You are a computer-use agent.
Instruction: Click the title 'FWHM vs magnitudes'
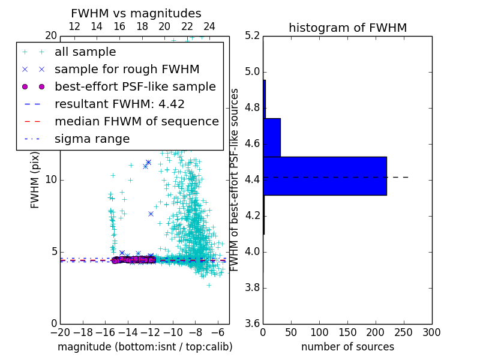tap(136, 13)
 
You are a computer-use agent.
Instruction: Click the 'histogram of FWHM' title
tap(347, 28)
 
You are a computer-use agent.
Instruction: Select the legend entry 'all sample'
tap(85, 52)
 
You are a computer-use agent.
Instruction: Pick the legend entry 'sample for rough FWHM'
tap(127, 70)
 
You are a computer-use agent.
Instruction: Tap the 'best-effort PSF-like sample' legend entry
tap(135, 87)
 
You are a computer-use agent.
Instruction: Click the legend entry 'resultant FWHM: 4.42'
tap(119, 104)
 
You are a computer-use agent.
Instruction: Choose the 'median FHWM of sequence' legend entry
tap(136, 122)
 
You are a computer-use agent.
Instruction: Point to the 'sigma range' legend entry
tap(92, 139)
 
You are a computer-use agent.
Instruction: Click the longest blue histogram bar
tap(325, 176)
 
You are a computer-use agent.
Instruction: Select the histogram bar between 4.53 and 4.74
tap(272, 137)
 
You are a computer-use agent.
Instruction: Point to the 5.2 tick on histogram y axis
tap(252, 36)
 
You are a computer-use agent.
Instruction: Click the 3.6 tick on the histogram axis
tap(252, 323)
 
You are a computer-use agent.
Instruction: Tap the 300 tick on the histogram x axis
tap(431, 332)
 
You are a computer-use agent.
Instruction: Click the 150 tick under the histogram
tap(347, 332)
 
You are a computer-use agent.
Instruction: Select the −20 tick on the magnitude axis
tap(60, 332)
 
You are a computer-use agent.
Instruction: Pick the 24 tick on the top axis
tap(209, 26)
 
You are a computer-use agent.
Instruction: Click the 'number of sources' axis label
tap(347, 347)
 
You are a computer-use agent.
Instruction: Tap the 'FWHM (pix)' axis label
tap(35, 180)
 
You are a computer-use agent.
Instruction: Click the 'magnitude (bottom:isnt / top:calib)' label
tap(145, 347)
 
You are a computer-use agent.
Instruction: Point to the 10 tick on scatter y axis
tap(52, 180)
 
